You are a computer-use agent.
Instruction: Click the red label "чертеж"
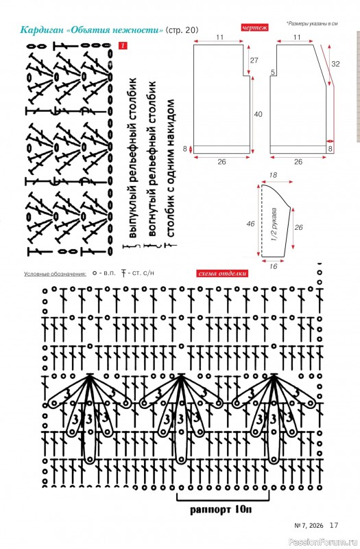254,27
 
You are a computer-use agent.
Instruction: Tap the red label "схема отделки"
222,273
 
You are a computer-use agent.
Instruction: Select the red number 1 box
123,45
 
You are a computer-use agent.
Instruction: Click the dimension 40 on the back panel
259,114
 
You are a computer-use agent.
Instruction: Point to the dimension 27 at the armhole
254,60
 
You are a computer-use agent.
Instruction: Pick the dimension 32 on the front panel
335,64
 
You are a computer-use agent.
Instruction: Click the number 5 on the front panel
272,73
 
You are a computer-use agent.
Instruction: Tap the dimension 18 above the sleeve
273,176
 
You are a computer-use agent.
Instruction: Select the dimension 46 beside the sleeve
250,224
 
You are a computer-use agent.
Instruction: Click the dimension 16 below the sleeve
273,266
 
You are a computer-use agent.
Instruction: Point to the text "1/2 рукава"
275,224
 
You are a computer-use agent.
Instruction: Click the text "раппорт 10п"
221,509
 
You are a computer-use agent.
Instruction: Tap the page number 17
334,525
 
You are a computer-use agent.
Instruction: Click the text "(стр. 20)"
182,30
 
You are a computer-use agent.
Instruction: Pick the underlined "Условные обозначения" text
55,274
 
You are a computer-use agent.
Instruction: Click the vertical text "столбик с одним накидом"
170,168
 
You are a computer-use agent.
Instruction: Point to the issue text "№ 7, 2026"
309,526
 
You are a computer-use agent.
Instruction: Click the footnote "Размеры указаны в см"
312,24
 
